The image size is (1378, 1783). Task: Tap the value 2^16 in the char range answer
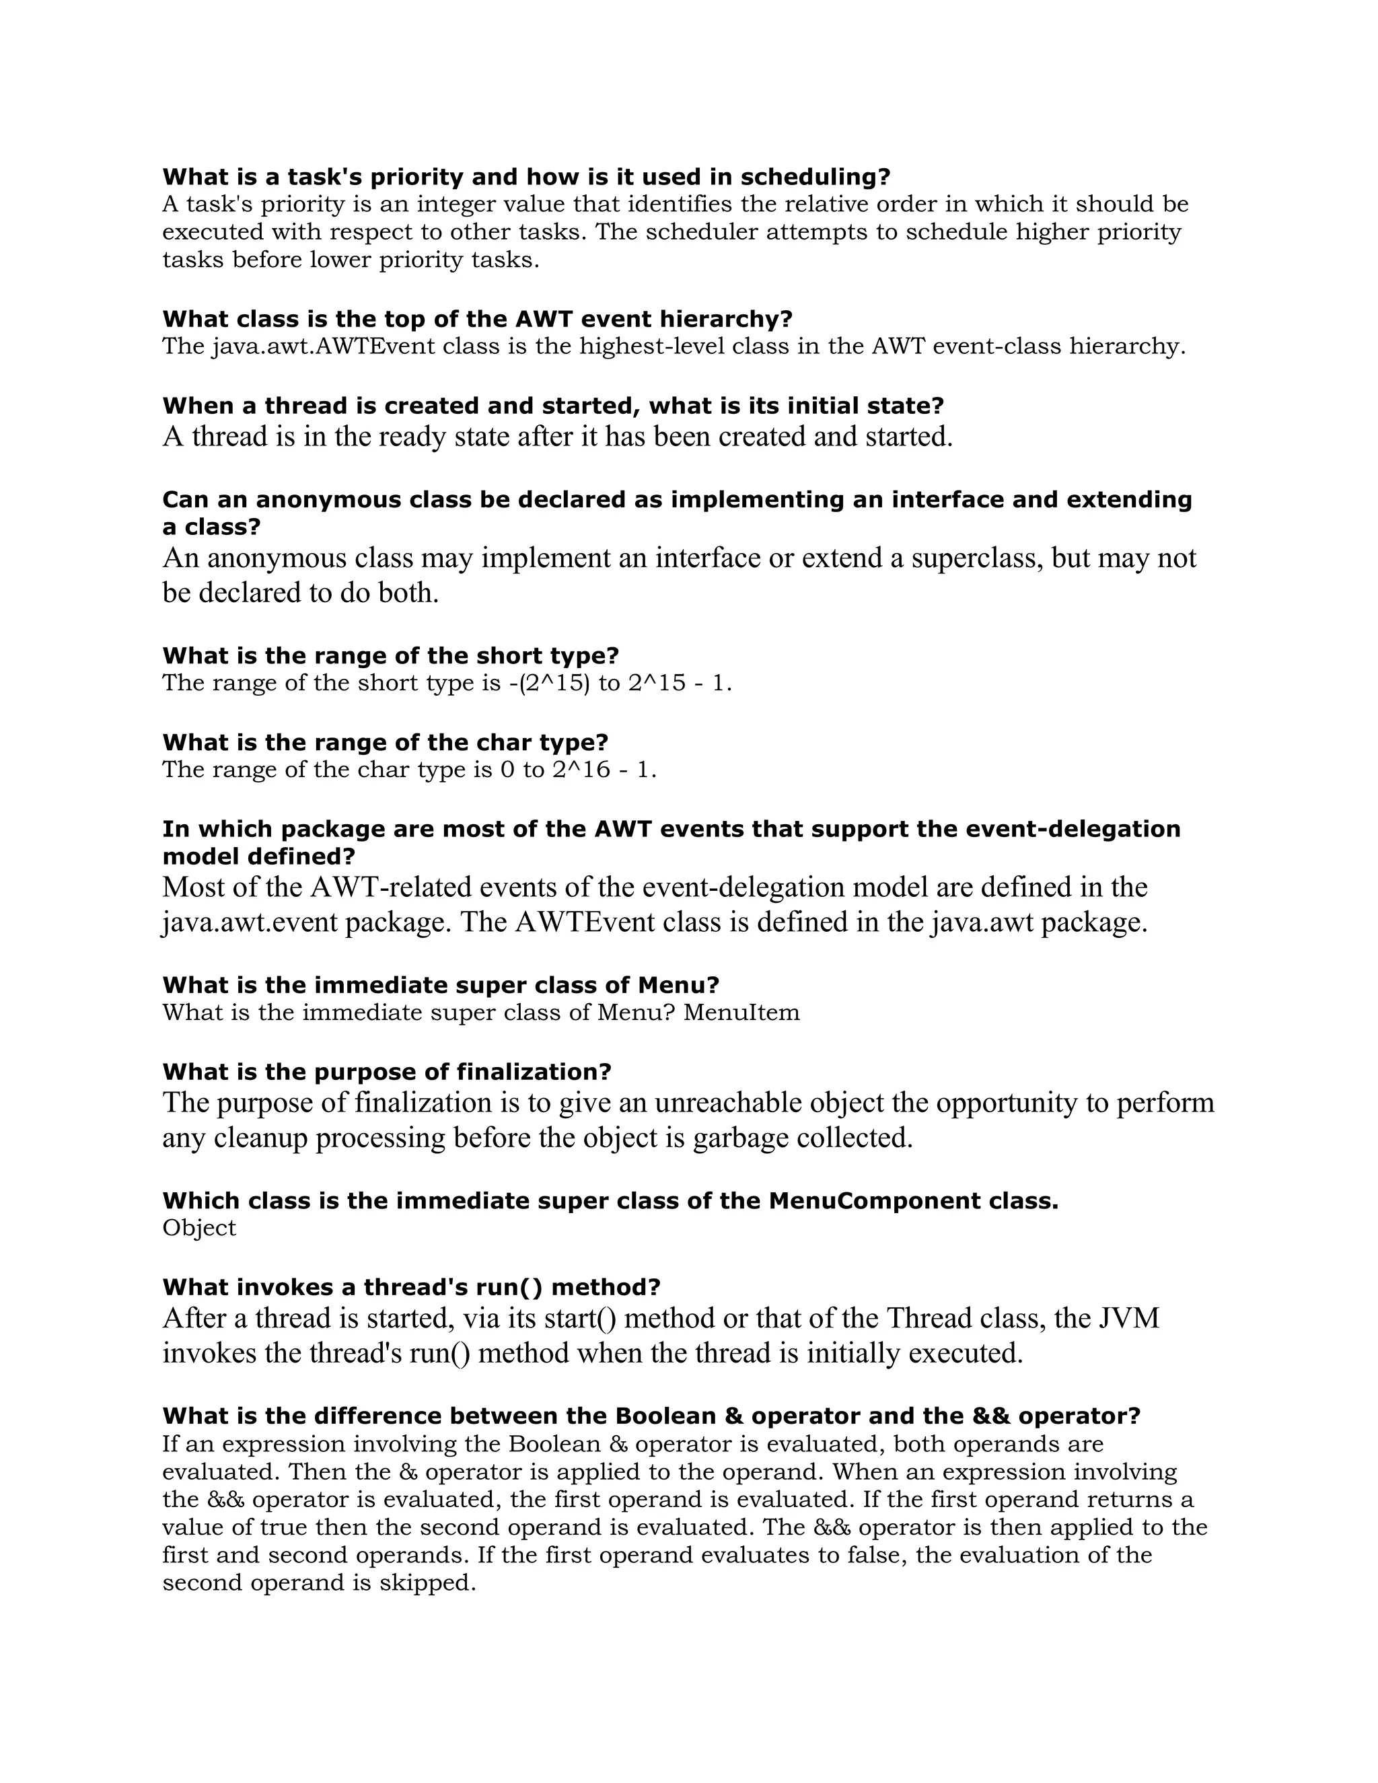tap(581, 770)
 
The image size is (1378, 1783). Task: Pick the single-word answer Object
tap(199, 1228)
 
